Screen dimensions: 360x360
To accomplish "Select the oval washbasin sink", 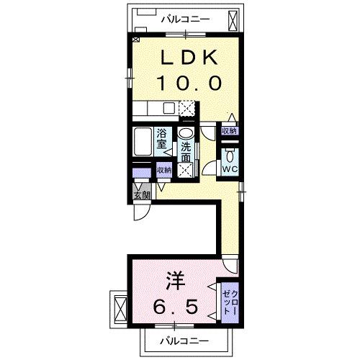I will pos(186,133).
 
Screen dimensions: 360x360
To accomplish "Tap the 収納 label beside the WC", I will pos(230,131).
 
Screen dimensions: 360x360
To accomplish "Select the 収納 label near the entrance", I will pos(165,171).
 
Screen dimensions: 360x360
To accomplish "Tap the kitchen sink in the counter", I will pos(168,109).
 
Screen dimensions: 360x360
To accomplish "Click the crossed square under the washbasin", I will pos(186,170).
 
